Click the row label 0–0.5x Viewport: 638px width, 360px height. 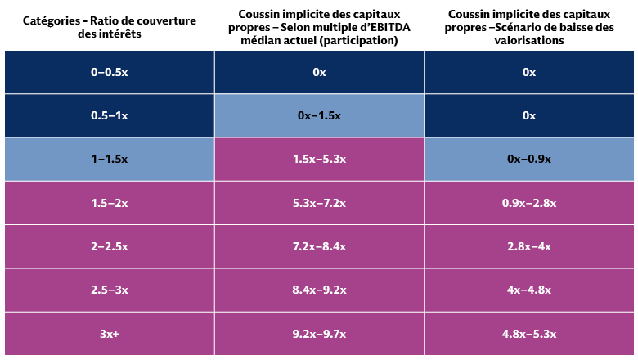point(109,72)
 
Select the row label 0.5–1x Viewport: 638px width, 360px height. point(109,115)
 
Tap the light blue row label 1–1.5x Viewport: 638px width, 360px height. point(109,159)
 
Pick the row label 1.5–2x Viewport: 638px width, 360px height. point(109,203)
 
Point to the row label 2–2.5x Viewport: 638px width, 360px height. point(109,246)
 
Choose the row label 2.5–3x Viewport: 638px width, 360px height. point(109,290)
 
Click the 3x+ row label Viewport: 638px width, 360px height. point(109,334)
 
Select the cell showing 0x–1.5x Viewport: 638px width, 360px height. point(319,115)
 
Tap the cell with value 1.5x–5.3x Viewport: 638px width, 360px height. point(319,159)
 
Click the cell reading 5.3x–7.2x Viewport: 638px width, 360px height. point(319,203)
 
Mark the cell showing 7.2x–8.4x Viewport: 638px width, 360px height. point(319,246)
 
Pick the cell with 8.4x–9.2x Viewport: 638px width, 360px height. point(319,290)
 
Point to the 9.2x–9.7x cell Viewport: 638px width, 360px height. point(319,334)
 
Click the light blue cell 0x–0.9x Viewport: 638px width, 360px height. point(528,159)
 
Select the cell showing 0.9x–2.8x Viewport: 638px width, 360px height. point(528,203)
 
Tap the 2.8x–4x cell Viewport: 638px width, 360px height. point(528,246)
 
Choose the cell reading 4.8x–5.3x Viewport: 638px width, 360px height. point(528,334)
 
